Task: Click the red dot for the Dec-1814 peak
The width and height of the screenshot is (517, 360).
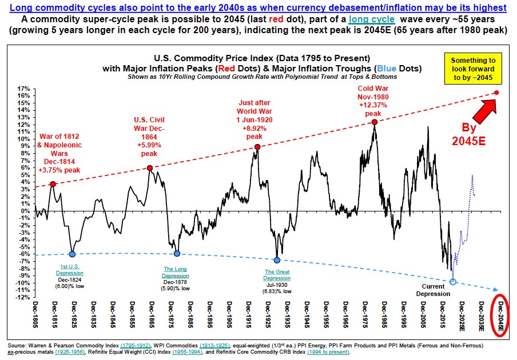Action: click(53, 184)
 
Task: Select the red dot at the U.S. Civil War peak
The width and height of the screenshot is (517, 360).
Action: click(149, 168)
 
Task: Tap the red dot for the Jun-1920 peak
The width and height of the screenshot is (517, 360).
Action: click(257, 147)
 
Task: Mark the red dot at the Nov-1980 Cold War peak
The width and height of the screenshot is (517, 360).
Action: click(374, 122)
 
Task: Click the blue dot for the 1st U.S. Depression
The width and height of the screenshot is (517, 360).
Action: click(72, 254)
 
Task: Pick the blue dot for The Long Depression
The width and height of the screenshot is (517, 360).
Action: click(177, 254)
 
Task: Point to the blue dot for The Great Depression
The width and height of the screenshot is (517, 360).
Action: click(277, 260)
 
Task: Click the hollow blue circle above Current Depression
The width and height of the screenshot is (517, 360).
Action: click(454, 282)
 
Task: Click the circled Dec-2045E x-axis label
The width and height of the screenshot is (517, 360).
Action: click(501, 317)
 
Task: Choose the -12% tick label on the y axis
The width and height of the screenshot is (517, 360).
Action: click(23, 297)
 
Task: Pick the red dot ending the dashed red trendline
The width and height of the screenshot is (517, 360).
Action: click(496, 93)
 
